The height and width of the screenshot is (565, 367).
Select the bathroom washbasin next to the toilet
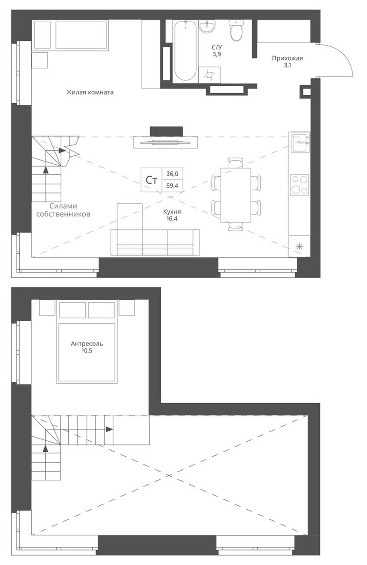tap(207, 26)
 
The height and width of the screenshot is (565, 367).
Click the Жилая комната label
tap(90, 92)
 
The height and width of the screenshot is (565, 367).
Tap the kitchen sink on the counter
tap(300, 142)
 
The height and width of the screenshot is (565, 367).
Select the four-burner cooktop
tap(299, 185)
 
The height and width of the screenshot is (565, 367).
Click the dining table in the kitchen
tap(236, 195)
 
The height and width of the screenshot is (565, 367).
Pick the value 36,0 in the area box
tap(172, 174)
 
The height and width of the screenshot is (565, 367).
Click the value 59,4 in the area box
tap(172, 186)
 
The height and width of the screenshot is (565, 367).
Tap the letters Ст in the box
tap(152, 180)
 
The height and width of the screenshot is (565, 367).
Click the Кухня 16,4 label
tap(172, 215)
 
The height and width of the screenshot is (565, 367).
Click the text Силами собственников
tap(63, 210)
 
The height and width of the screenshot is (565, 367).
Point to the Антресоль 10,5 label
tap(87, 347)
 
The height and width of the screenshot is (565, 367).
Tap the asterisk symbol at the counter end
tap(299, 246)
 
